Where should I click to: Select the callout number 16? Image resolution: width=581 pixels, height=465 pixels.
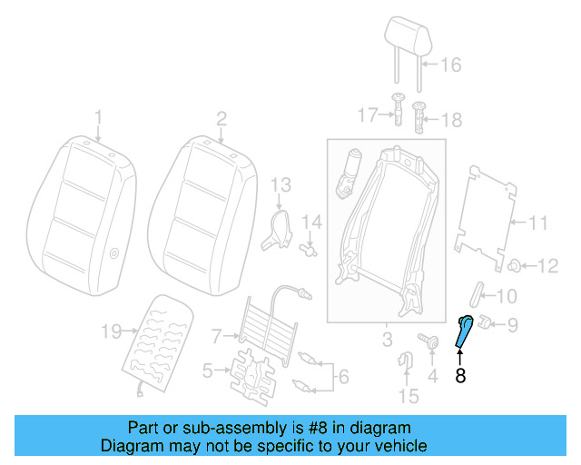(450, 64)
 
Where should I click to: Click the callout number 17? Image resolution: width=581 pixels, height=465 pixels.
(367, 115)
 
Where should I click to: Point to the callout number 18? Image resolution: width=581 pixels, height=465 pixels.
(451, 119)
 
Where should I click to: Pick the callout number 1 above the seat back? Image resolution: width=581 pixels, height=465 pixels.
(99, 117)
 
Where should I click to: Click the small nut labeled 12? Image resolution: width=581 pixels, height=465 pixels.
(515, 265)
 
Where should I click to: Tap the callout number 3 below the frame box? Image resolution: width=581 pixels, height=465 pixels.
(386, 341)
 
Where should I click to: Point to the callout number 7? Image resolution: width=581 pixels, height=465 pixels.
(216, 337)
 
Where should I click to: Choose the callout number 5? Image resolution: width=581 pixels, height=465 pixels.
(208, 370)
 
